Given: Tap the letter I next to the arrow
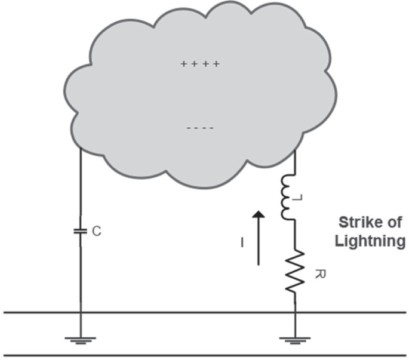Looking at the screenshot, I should point(242,242).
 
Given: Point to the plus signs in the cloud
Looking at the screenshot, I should point(200,64).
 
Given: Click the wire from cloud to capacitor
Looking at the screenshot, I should point(80,185).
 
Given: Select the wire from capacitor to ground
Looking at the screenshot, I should point(80,281).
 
